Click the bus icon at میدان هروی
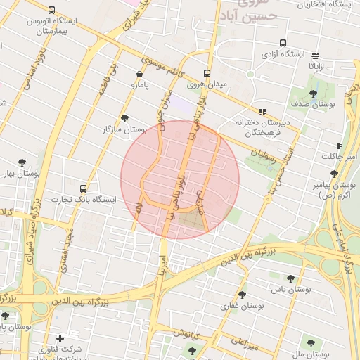pos(207,73)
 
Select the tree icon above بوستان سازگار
pos(125,118)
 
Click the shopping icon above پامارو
pos(139,74)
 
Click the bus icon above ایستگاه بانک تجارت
pos(84,188)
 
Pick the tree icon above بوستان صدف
pos(313,93)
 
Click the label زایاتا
pos(314,67)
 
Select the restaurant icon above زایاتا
pos(314,56)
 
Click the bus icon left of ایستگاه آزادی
pos(283,43)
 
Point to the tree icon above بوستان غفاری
pos(243,295)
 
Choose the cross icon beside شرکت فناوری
pos(60,338)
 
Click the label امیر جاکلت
pos(340,156)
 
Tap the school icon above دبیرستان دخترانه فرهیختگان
pos(263,111)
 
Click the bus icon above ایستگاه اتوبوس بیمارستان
pos(52,10)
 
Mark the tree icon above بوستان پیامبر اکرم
pos(334,174)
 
